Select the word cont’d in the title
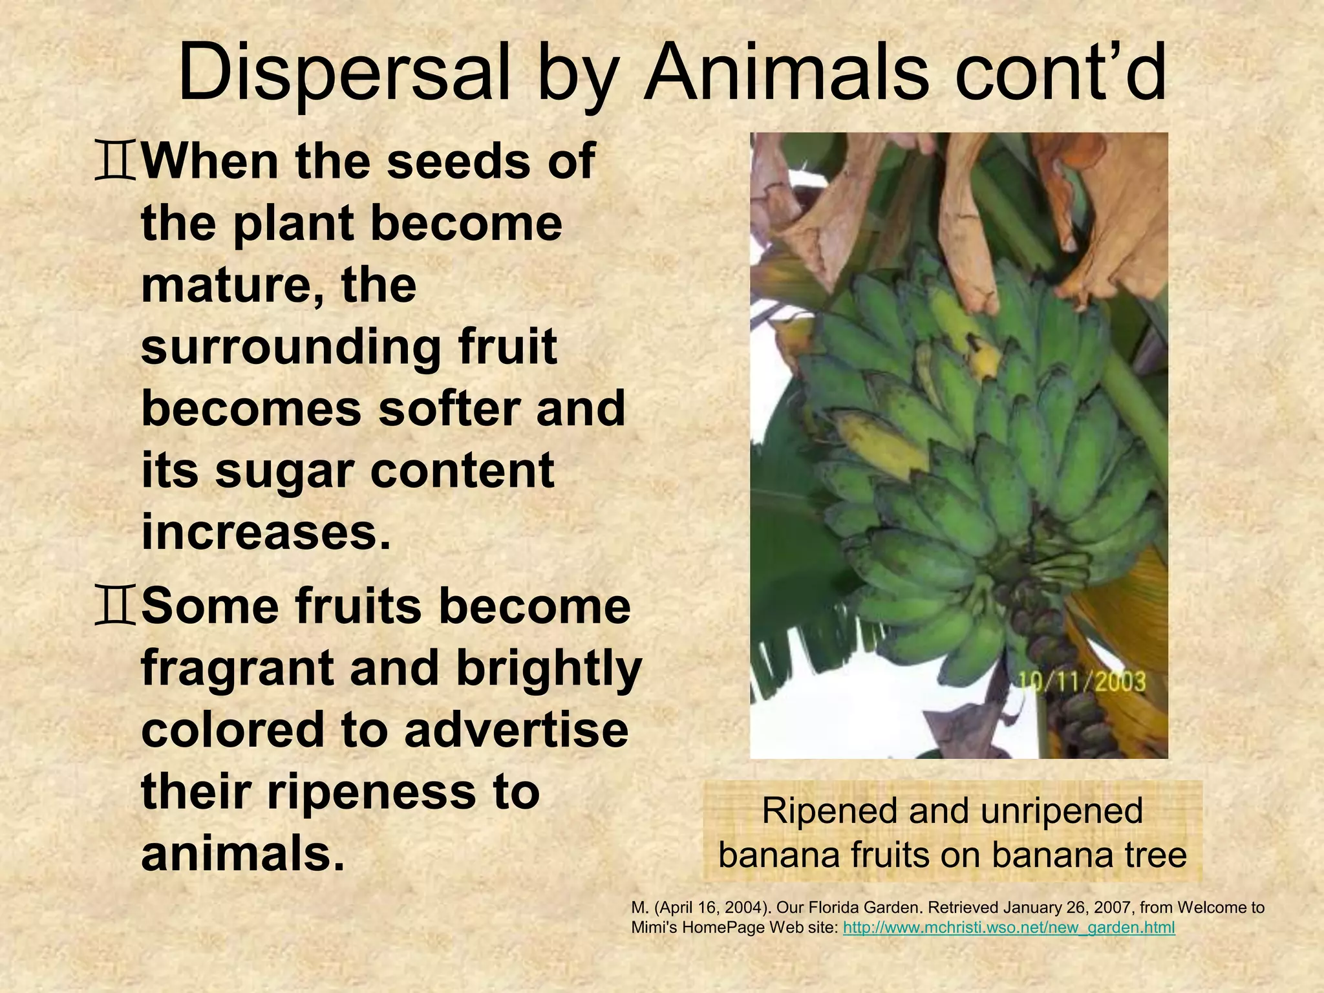click(1060, 72)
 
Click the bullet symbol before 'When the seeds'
click(115, 162)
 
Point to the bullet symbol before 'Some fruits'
click(115, 607)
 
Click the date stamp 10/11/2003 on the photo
click(1082, 683)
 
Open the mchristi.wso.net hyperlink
click(1009, 928)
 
